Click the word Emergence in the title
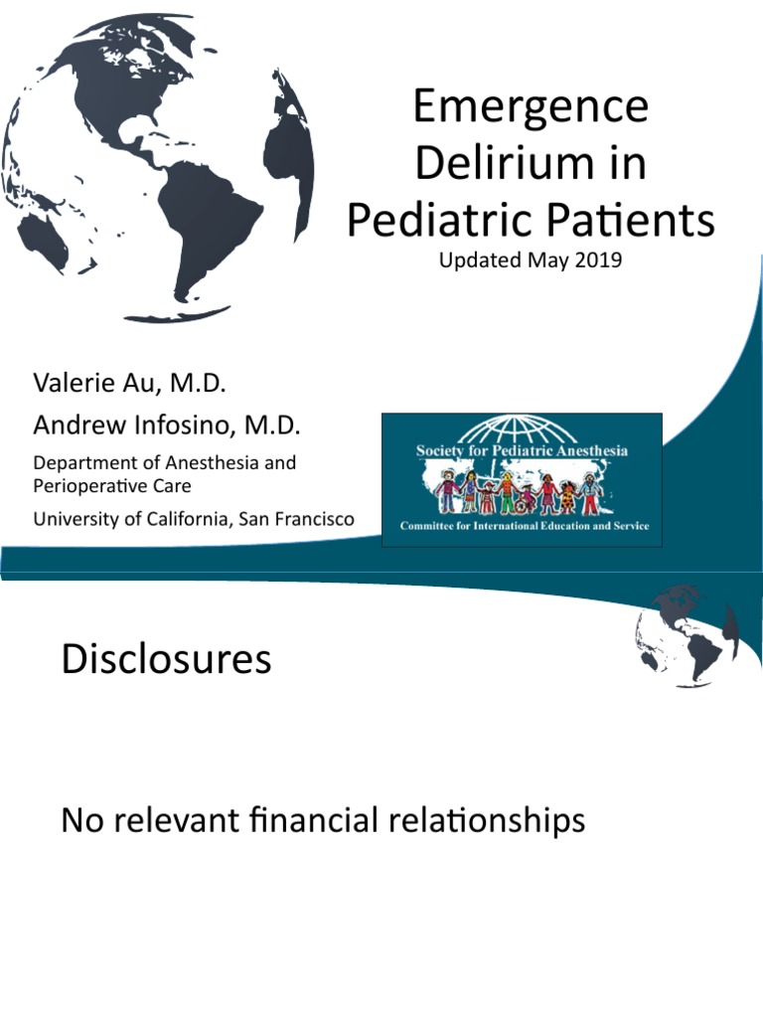[531, 107]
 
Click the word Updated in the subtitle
[471, 263]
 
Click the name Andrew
[76, 425]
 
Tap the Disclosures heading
[166, 659]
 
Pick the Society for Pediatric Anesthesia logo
[522, 479]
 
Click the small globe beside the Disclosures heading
[685, 636]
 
